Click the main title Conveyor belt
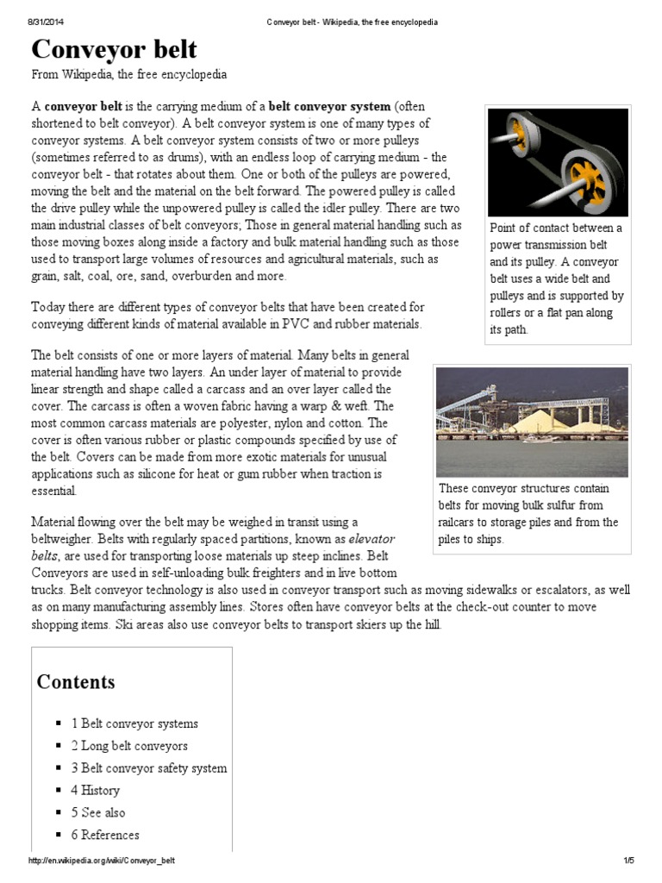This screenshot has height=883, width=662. point(115,48)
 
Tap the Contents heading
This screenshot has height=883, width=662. point(76,682)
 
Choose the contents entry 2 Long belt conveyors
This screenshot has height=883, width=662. point(129,746)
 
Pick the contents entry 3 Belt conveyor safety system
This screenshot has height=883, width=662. point(149,767)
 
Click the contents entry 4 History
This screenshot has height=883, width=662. point(96,790)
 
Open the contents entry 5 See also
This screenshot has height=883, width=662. point(98,812)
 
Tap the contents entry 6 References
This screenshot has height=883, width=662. point(105,835)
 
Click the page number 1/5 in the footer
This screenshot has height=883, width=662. point(628,861)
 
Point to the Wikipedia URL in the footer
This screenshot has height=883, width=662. point(108,861)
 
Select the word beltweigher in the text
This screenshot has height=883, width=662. point(68,539)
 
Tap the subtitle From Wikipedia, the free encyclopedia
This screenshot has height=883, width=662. point(129,75)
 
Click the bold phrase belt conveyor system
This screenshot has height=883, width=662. point(330,107)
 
